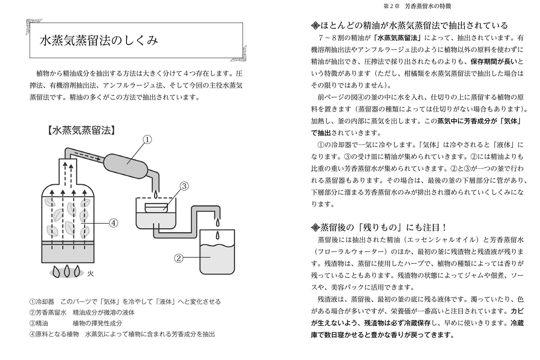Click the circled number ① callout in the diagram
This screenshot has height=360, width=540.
[147, 140]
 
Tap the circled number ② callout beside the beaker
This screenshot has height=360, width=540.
[179, 258]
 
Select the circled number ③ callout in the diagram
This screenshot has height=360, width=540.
[184, 186]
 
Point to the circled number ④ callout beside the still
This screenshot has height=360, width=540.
[113, 223]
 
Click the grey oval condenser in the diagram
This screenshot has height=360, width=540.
[126, 164]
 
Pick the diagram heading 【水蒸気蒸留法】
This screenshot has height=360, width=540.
[81, 131]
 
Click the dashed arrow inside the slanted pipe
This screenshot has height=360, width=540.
[87, 156]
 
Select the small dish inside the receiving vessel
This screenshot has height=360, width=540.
[156, 207]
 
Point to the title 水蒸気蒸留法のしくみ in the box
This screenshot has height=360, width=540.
[99, 40]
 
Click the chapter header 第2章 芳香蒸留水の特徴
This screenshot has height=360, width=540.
[417, 6]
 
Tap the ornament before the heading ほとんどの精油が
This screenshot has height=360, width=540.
[315, 26]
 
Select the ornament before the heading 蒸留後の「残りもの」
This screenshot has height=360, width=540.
[315, 228]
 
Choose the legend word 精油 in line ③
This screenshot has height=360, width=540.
[42, 323]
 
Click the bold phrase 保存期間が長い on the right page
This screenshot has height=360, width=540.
[494, 61]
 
